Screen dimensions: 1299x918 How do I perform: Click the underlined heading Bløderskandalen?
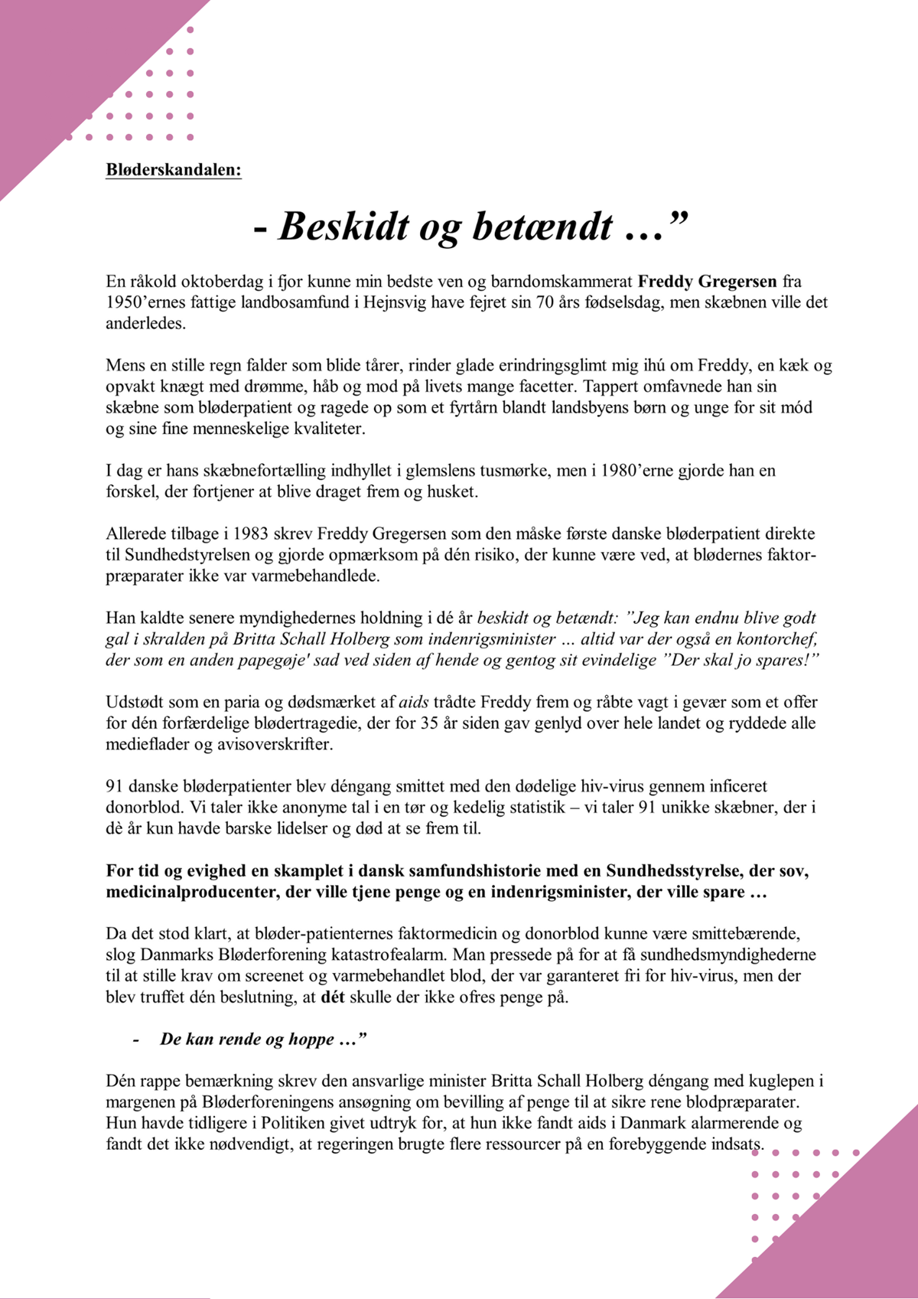click(174, 170)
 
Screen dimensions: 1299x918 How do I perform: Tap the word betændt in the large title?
click(542, 227)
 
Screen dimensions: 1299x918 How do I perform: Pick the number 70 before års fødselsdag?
click(545, 302)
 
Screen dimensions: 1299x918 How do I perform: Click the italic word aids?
click(415, 702)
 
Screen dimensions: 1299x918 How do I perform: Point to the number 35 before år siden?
click(429, 723)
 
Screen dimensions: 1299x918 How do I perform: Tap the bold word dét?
click(332, 997)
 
